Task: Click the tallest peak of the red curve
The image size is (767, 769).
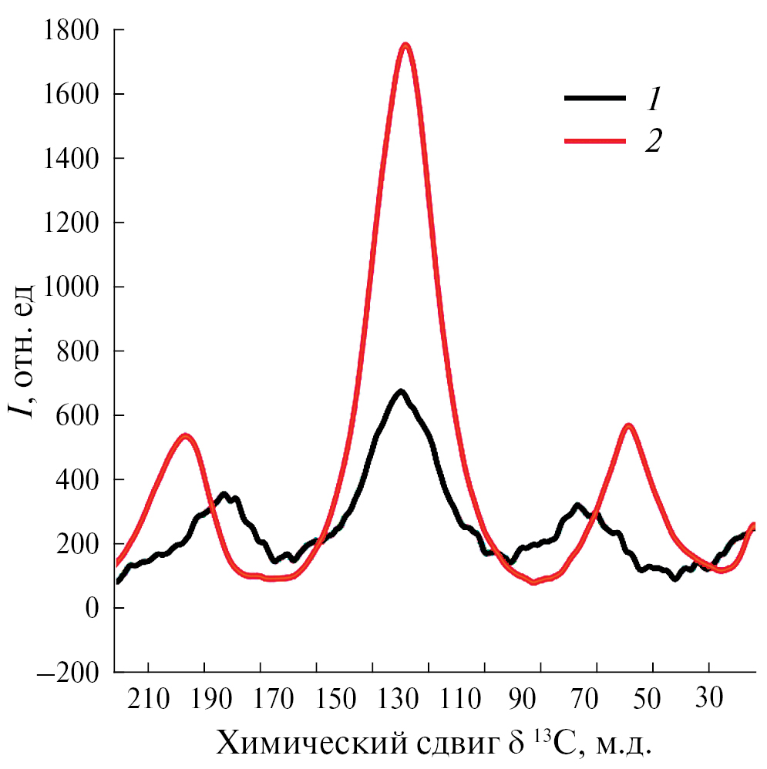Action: point(405,45)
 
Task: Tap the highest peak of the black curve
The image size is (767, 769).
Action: point(400,392)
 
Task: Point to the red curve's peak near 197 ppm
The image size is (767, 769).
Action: point(185,435)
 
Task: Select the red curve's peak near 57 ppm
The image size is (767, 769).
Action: point(629,425)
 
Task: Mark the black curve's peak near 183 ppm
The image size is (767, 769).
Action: point(224,494)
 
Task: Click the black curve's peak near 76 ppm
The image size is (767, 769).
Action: point(577,505)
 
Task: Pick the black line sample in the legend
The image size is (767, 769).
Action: point(595,98)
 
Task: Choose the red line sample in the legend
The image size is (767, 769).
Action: point(595,141)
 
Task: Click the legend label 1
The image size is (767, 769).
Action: point(654,98)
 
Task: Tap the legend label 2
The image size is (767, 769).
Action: point(654,141)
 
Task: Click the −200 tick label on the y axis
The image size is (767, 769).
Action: point(71,673)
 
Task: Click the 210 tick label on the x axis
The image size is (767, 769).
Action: point(148,702)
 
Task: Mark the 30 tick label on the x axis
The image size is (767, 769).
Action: point(708,702)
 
